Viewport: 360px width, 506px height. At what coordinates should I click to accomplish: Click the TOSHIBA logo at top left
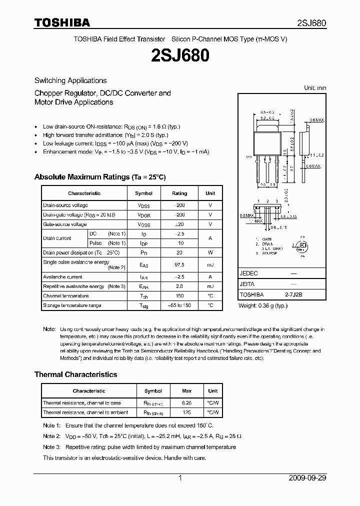[x=62, y=22]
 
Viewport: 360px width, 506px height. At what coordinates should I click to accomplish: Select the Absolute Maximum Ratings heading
[x=99, y=177]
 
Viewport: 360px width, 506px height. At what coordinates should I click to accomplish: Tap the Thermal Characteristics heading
[x=75, y=374]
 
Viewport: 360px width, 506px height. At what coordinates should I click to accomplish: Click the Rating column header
[x=179, y=193]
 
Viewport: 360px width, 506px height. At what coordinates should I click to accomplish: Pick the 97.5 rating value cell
[x=179, y=265]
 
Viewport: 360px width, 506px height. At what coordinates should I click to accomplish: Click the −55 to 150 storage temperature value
[x=179, y=305]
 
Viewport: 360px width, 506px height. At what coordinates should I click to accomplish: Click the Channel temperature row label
[x=65, y=295]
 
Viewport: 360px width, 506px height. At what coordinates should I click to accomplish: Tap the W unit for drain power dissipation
[x=210, y=252]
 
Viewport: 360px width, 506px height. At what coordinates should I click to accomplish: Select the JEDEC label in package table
[x=248, y=273]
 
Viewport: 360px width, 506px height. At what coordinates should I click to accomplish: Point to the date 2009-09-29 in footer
[x=307, y=478]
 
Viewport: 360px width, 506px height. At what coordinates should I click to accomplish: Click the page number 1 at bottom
[x=180, y=478]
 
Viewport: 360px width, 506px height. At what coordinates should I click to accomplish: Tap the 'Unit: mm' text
[x=315, y=88]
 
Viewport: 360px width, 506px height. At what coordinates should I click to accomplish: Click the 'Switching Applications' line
[x=70, y=80]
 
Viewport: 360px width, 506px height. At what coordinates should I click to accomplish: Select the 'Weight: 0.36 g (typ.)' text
[x=263, y=305]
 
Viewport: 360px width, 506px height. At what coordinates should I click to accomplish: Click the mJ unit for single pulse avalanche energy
[x=210, y=265]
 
